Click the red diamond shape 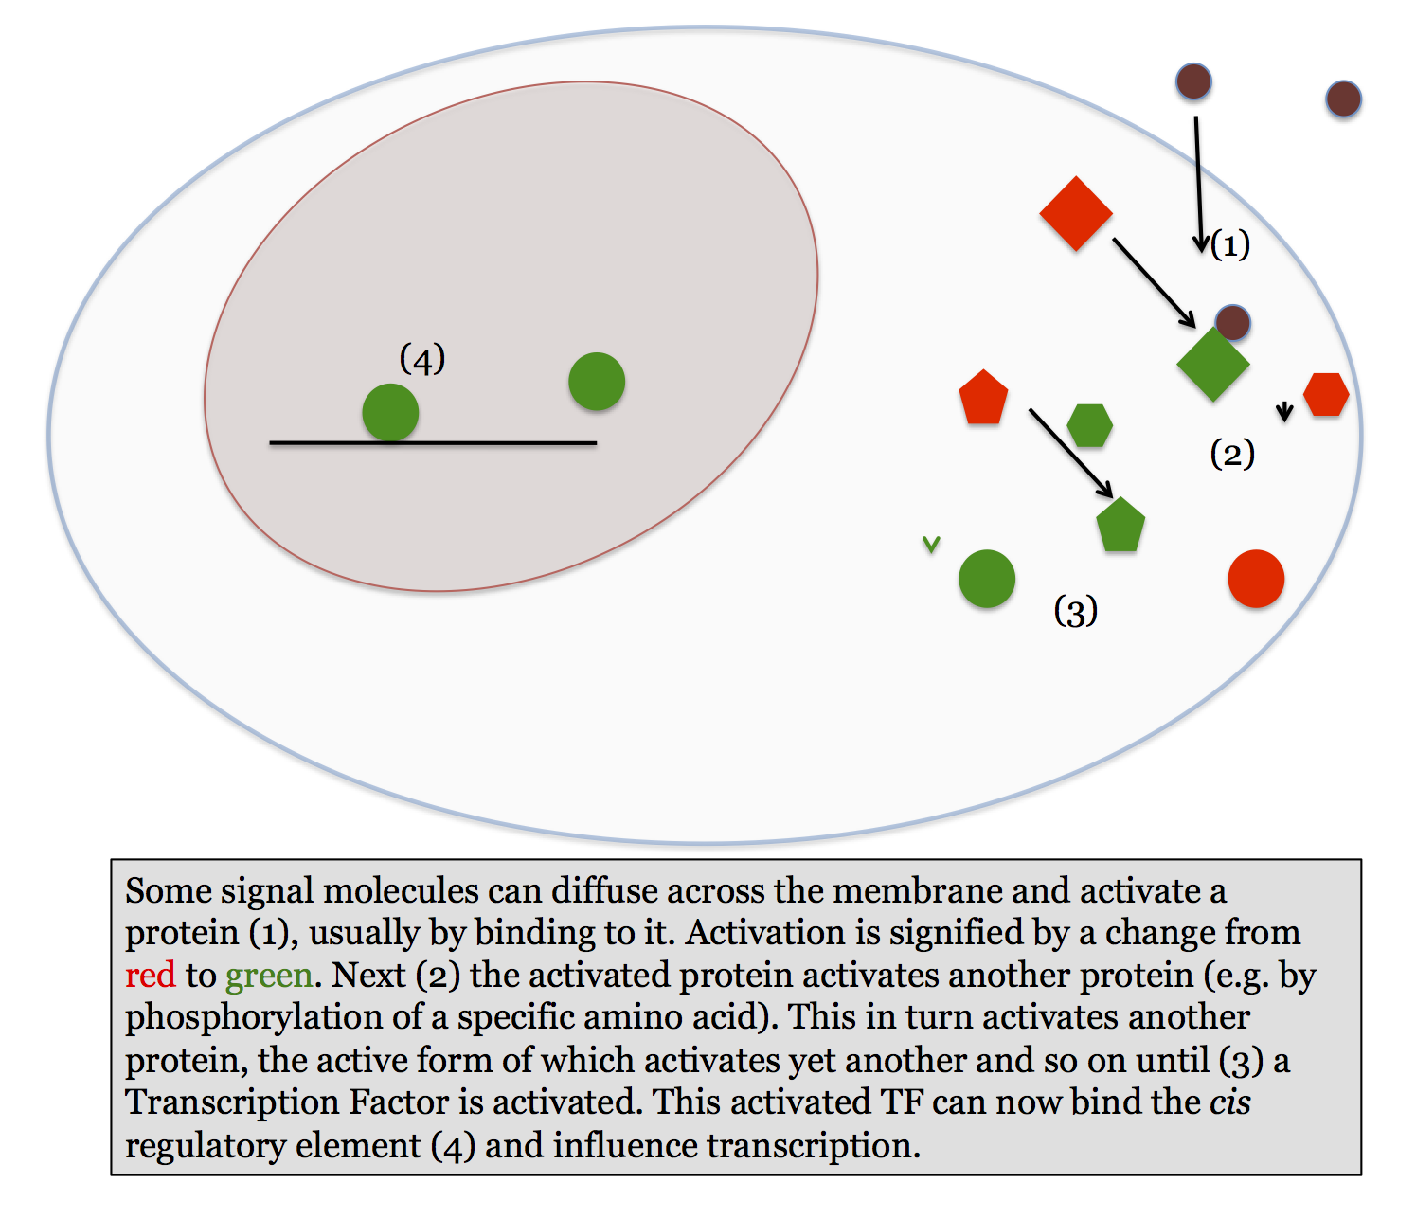click(x=1076, y=213)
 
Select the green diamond click(x=1212, y=364)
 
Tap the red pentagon click(x=983, y=398)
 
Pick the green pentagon click(x=1120, y=526)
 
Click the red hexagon click(x=1326, y=394)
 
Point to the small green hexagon click(x=1089, y=425)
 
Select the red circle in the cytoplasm click(x=1256, y=579)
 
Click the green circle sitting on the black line click(x=390, y=412)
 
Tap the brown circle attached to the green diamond click(x=1232, y=323)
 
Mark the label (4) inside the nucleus click(x=422, y=360)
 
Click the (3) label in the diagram click(x=1075, y=611)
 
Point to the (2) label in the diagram click(x=1232, y=455)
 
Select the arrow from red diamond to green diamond click(x=1154, y=281)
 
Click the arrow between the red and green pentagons click(x=1070, y=452)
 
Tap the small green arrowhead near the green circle click(x=931, y=545)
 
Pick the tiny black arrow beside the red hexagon click(x=1284, y=411)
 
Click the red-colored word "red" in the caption click(x=151, y=975)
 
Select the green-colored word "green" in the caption click(x=269, y=975)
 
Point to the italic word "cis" click(x=1229, y=1102)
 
